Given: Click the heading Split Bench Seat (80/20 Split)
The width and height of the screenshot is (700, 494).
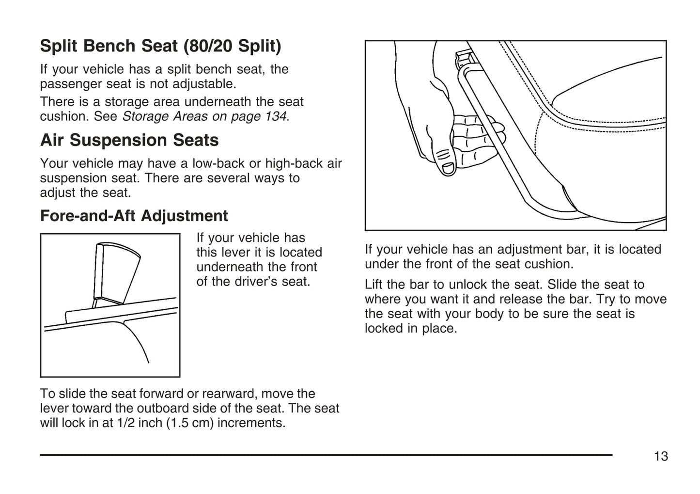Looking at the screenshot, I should [160, 46].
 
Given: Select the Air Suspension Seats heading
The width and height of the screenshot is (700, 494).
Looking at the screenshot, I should [129, 141].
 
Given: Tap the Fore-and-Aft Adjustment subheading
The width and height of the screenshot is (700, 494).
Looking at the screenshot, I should [134, 216].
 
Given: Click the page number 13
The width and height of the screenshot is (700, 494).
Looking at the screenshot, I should [661, 457].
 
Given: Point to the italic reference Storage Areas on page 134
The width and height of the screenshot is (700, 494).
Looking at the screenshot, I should [204, 117].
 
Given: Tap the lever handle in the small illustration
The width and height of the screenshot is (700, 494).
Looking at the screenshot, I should [116, 271].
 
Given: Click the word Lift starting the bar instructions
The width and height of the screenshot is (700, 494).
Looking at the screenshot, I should [374, 285].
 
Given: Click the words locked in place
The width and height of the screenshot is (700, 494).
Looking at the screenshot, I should [410, 329].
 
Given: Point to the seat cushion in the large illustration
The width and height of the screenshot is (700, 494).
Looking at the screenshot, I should [606, 97].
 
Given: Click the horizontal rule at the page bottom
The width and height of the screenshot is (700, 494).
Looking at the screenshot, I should [326, 455].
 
